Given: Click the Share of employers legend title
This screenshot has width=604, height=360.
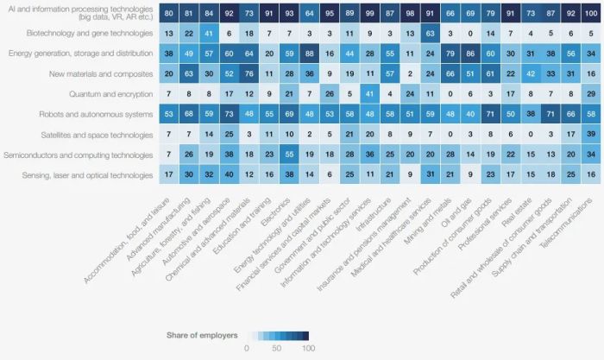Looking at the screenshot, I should [x=202, y=335].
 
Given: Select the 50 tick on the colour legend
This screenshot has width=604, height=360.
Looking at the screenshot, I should [x=278, y=348].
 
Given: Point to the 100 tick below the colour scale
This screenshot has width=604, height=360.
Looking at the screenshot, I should [x=308, y=348].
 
